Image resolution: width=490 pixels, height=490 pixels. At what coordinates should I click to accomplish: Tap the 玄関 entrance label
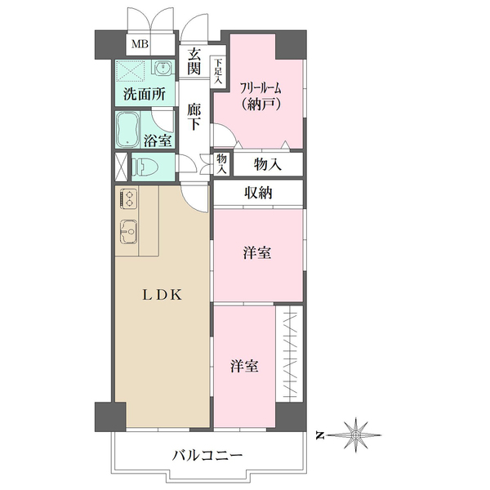[194, 63]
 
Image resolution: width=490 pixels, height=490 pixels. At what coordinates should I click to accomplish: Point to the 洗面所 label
[145, 93]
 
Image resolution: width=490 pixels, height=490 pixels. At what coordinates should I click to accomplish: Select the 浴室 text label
[158, 140]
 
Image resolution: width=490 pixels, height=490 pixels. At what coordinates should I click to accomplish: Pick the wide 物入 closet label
[267, 164]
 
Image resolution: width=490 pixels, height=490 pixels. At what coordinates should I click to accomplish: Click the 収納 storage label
[258, 193]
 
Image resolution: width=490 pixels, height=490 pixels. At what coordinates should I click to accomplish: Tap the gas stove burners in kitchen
[128, 198]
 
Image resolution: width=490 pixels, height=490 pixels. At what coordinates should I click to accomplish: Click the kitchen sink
[128, 231]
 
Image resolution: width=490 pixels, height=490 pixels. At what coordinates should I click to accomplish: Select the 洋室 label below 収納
[258, 254]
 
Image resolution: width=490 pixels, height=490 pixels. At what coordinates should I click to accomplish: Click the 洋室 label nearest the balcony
[245, 366]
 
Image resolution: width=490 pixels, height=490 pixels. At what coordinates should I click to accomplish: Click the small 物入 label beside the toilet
[221, 163]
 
